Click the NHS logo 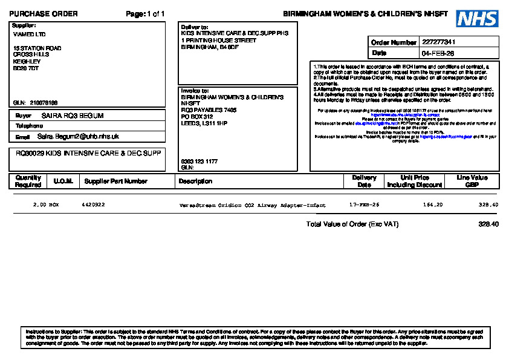tap(477, 19)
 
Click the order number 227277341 tap(439, 42)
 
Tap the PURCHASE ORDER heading tap(44, 14)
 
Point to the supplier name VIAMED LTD tap(29, 34)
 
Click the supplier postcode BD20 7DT tap(26, 68)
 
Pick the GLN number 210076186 tap(44, 103)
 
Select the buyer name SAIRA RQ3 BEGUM tap(73, 116)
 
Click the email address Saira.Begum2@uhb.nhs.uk tap(78, 137)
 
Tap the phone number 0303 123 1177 tap(199, 162)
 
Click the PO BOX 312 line tap(197, 117)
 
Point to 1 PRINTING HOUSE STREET tap(218, 41)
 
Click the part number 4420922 tap(93, 205)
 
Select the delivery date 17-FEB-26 tap(365, 205)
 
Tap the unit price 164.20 tap(433, 205)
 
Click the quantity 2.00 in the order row tap(39, 205)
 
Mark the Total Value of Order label tap(352, 224)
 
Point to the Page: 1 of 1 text tap(145, 14)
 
